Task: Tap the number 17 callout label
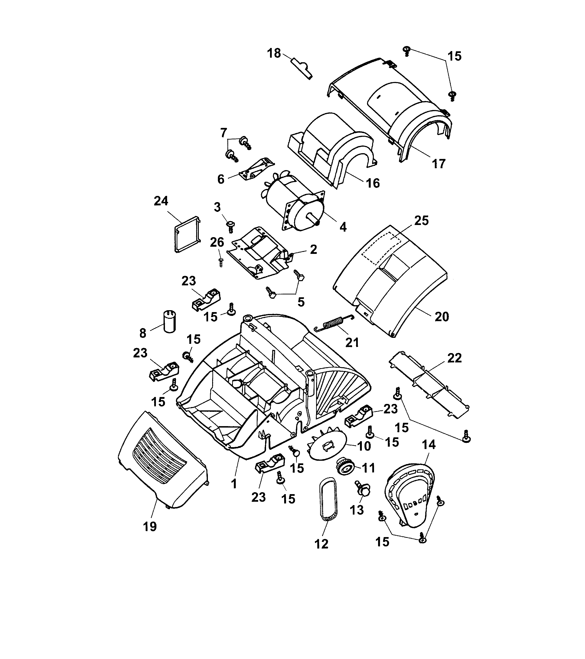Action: tap(438, 164)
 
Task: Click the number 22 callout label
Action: tap(454, 358)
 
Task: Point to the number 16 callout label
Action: tap(373, 183)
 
